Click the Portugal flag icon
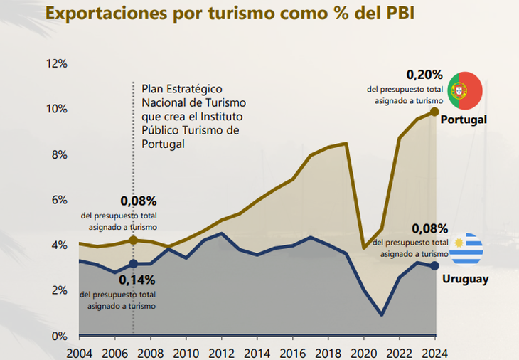pyautogui.click(x=465, y=90)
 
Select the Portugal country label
pyautogui.click(x=464, y=120)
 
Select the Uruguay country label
pyautogui.click(x=465, y=279)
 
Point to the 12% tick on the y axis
pyautogui.click(x=56, y=63)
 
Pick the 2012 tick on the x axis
pyautogui.click(x=221, y=352)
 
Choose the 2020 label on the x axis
pyautogui.click(x=365, y=352)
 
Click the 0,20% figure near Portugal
pyautogui.click(x=424, y=74)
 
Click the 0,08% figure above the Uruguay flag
pyautogui.click(x=429, y=228)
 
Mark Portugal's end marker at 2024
pyautogui.click(x=434, y=112)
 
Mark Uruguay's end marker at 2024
pyautogui.click(x=434, y=265)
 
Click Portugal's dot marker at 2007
pyautogui.click(x=132, y=240)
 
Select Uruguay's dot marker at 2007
pyautogui.click(x=132, y=264)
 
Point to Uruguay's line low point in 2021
pyautogui.click(x=382, y=314)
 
